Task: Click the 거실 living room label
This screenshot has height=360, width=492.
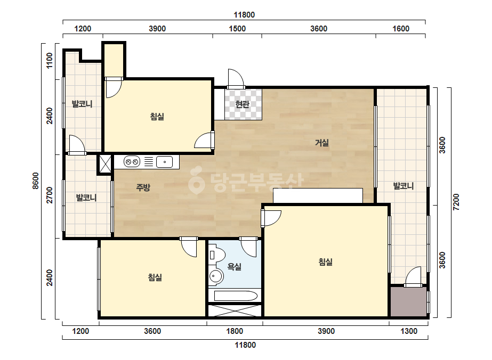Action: (x=321, y=143)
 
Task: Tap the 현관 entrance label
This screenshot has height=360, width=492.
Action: (x=242, y=104)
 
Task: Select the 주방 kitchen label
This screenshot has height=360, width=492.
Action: (x=143, y=187)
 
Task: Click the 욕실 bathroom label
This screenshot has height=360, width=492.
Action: (x=234, y=267)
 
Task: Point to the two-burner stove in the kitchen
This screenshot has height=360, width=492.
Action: (x=132, y=162)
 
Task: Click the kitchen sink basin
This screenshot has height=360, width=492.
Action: (x=164, y=162)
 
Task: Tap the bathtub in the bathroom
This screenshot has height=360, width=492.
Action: (x=236, y=296)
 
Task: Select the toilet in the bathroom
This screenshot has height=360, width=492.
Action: (x=217, y=255)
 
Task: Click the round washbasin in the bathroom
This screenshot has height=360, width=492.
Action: (x=216, y=276)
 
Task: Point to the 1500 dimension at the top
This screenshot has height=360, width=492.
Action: (x=237, y=29)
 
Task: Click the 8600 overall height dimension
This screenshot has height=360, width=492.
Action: (x=36, y=181)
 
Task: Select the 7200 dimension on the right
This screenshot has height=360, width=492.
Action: (x=456, y=202)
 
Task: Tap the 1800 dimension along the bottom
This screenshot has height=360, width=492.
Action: (x=235, y=331)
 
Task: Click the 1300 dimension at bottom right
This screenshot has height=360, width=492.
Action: (x=409, y=331)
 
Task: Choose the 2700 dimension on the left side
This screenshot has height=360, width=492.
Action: (x=50, y=195)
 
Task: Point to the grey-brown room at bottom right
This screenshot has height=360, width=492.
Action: (x=408, y=301)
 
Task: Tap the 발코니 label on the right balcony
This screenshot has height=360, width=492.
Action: (x=404, y=186)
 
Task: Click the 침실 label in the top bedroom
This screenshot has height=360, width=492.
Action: (x=157, y=117)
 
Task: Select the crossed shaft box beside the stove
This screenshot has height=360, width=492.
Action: (x=105, y=163)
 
